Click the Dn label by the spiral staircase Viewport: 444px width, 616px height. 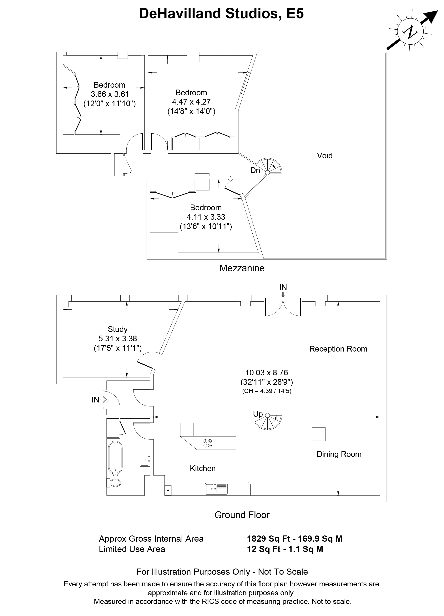click(x=255, y=170)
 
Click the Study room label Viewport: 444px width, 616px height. click(x=118, y=329)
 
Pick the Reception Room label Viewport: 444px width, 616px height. click(x=338, y=349)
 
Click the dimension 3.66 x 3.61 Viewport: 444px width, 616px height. click(x=110, y=94)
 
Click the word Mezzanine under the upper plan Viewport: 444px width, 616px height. click(x=242, y=268)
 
